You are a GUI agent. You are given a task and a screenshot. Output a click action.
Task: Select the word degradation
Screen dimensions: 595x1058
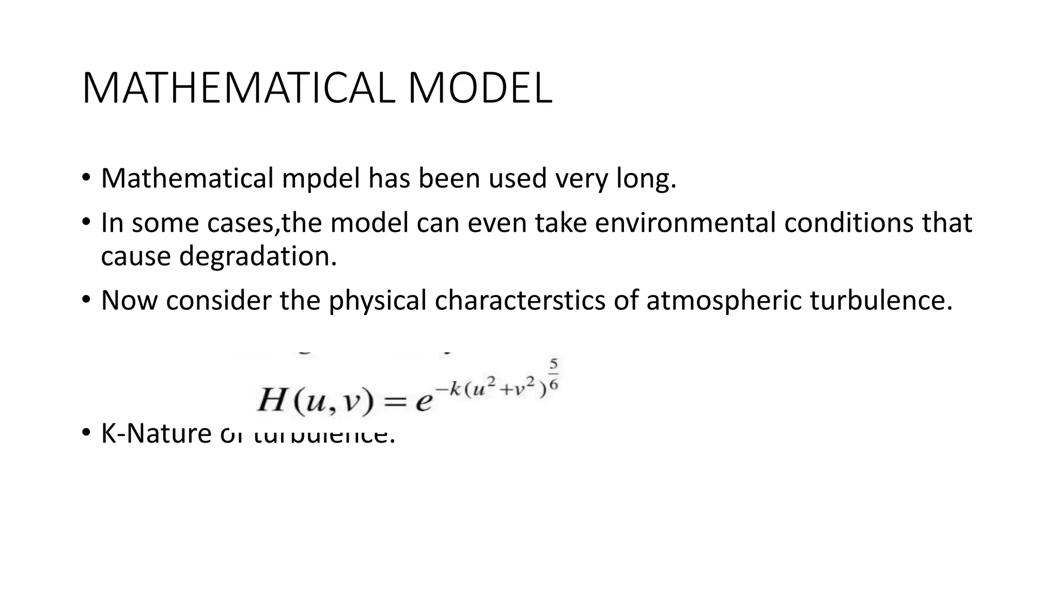point(258,256)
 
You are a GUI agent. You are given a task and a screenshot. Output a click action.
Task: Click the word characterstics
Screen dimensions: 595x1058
point(520,301)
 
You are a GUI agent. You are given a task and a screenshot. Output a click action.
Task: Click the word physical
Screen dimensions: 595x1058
point(378,301)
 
